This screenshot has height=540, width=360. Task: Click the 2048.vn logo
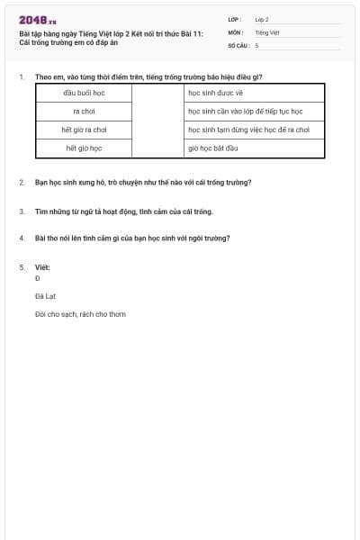click(37, 20)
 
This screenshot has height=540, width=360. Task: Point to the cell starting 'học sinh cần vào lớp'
click(245, 112)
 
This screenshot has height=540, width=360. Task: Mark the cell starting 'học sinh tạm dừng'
click(248, 130)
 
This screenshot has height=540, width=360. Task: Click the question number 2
click(22, 182)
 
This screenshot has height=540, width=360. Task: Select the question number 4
click(22, 238)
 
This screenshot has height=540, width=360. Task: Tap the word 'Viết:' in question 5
click(42, 267)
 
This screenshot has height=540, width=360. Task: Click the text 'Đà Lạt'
click(45, 295)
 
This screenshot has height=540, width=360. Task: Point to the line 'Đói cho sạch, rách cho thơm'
click(80, 314)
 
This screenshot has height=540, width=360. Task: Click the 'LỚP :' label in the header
click(235, 19)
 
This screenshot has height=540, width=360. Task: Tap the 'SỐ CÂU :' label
click(238, 45)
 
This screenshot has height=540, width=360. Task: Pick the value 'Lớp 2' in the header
click(262, 19)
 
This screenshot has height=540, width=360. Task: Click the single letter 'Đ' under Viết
click(37, 278)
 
